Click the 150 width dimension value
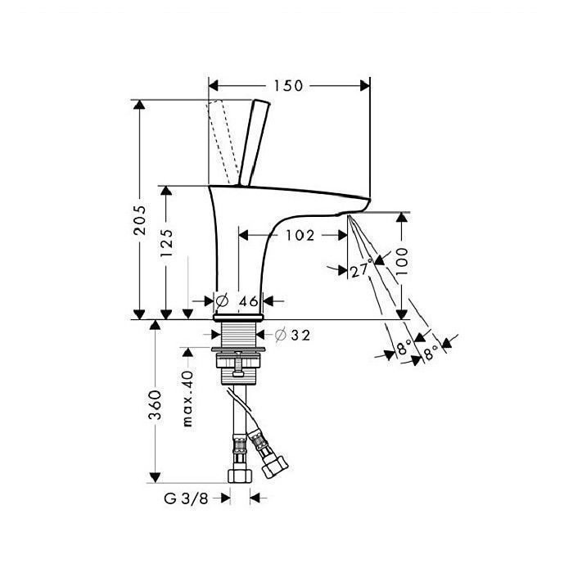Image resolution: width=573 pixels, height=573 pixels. click(x=288, y=86)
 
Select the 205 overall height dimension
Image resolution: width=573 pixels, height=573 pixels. click(x=139, y=219)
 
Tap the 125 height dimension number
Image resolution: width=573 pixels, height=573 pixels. click(x=166, y=242)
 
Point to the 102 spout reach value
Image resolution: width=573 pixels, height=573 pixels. click(x=300, y=236)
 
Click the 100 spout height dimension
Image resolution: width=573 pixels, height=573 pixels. click(x=401, y=261)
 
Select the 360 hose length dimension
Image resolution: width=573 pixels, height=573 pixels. click(x=155, y=405)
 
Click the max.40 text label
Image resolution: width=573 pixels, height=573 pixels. click(x=187, y=399)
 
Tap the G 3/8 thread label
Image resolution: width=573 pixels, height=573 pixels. click(x=186, y=498)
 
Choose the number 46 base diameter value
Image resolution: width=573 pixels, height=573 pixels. click(x=249, y=301)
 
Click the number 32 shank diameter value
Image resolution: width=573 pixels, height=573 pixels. click(x=300, y=335)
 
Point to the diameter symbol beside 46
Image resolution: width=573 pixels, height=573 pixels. click(x=222, y=300)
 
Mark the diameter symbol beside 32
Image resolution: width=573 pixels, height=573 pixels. click(x=280, y=335)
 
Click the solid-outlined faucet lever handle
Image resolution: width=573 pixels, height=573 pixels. click(x=255, y=143)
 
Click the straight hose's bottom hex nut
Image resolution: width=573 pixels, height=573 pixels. click(x=240, y=476)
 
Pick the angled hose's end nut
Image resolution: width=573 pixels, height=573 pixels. click(x=276, y=467)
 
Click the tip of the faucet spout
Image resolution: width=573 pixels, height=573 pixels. click(x=369, y=201)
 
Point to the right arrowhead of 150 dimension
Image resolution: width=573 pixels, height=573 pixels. click(x=365, y=86)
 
